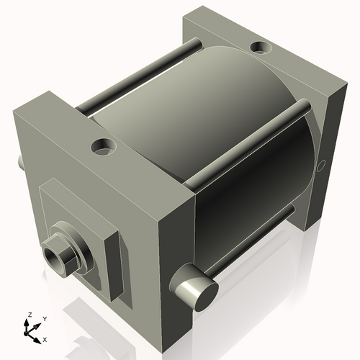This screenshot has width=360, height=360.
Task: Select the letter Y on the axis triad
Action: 44,318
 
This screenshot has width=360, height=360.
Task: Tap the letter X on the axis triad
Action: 45,338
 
